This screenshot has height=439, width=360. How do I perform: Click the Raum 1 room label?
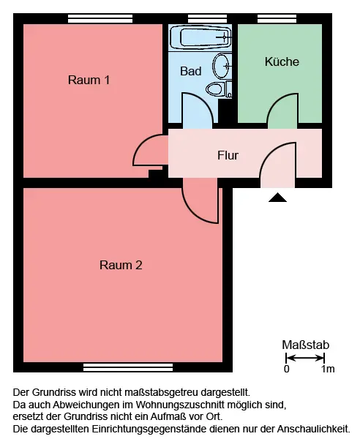click(89, 80)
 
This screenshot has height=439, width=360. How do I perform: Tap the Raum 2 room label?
click(121, 265)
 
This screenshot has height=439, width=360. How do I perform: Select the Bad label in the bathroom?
click(191, 71)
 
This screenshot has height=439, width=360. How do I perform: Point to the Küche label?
click(282, 61)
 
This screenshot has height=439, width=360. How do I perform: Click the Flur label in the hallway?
click(228, 155)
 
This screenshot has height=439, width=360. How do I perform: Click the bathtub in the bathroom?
click(200, 37)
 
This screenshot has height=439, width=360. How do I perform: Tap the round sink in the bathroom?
click(222, 67)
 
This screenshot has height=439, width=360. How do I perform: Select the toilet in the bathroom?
click(219, 89)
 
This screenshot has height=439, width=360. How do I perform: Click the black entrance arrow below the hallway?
click(277, 198)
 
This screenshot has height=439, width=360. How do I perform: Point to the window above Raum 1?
click(100, 19)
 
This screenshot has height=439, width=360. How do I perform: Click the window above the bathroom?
click(207, 19)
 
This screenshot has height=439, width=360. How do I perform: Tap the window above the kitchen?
click(277, 19)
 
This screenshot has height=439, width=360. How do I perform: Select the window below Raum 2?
click(128, 367)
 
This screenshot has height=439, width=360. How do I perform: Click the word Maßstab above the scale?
click(305, 345)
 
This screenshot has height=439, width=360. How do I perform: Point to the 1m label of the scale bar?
click(328, 369)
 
